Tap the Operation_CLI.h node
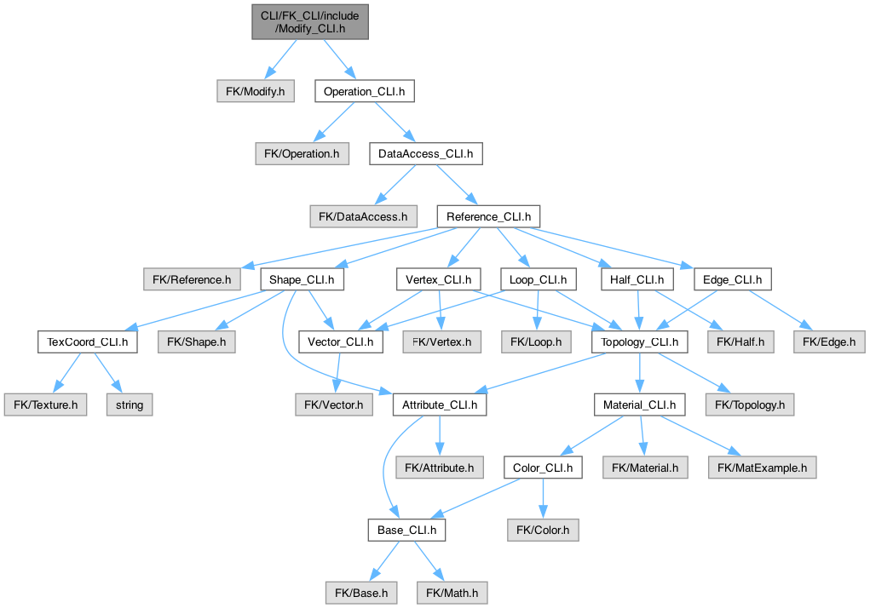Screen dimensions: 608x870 (x=364, y=90)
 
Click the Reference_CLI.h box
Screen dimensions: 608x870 (x=488, y=216)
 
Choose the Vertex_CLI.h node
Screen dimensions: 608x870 (x=438, y=279)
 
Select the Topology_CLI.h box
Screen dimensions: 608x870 (x=639, y=342)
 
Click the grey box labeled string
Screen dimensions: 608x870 (x=130, y=404)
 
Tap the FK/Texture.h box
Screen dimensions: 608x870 (x=45, y=404)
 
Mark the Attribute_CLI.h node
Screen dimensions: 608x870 (x=440, y=404)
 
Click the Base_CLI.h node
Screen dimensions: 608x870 (x=406, y=531)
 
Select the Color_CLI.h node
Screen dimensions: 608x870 (x=543, y=467)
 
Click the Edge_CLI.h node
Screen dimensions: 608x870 (x=733, y=279)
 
